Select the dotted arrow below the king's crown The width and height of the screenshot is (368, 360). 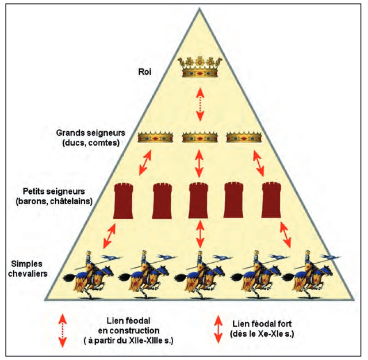[200, 104]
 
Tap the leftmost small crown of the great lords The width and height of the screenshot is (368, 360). [156, 137]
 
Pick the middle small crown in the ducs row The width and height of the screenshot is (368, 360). [200, 137]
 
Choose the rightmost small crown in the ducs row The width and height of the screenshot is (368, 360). [244, 137]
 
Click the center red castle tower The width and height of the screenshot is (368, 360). [200, 201]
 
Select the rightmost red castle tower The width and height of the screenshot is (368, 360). [273, 201]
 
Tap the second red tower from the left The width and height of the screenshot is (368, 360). [163, 201]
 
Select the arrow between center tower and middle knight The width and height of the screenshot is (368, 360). [200, 232]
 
